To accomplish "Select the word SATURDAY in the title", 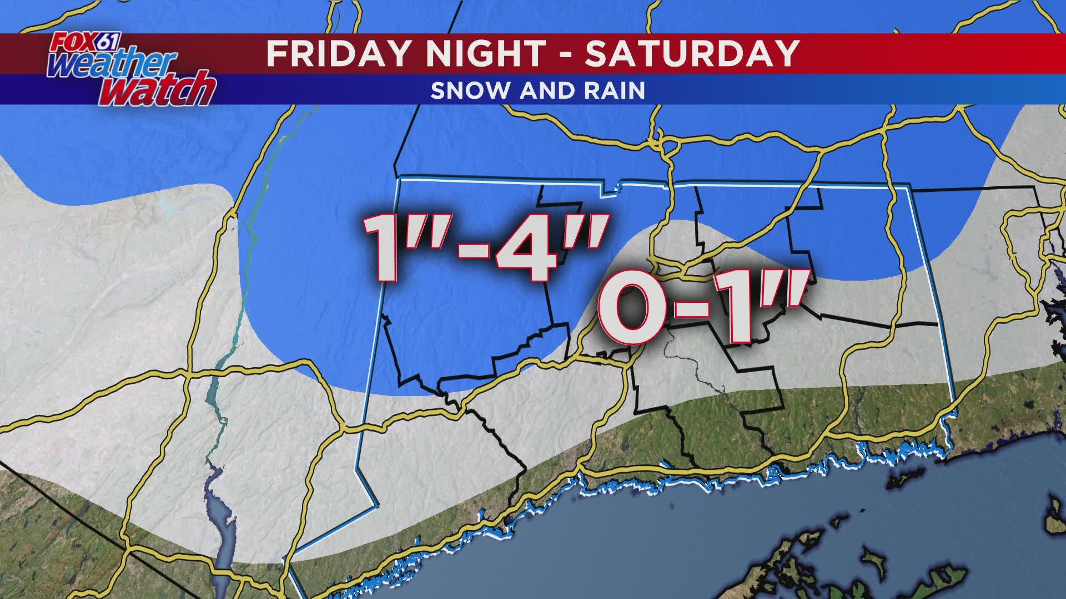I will (x=692, y=53).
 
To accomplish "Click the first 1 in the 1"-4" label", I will (x=382, y=250).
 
